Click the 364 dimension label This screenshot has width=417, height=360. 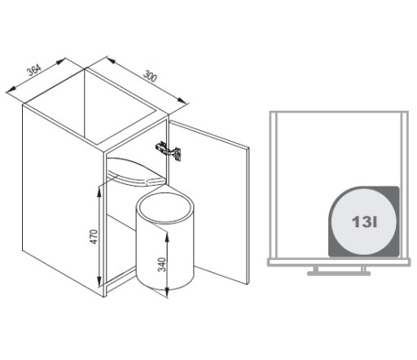point(34,70)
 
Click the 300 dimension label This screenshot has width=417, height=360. point(150,76)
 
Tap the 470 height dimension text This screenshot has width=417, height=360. point(94,237)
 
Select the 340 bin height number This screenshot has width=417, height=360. point(162,265)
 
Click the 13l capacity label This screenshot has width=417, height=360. point(364,222)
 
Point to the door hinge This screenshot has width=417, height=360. point(169,151)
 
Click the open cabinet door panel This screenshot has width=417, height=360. point(208,202)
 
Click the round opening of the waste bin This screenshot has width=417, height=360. point(165,209)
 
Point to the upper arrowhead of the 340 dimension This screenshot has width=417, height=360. point(167,238)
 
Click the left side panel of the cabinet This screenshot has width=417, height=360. point(63,201)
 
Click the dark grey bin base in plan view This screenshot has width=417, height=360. point(364,222)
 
